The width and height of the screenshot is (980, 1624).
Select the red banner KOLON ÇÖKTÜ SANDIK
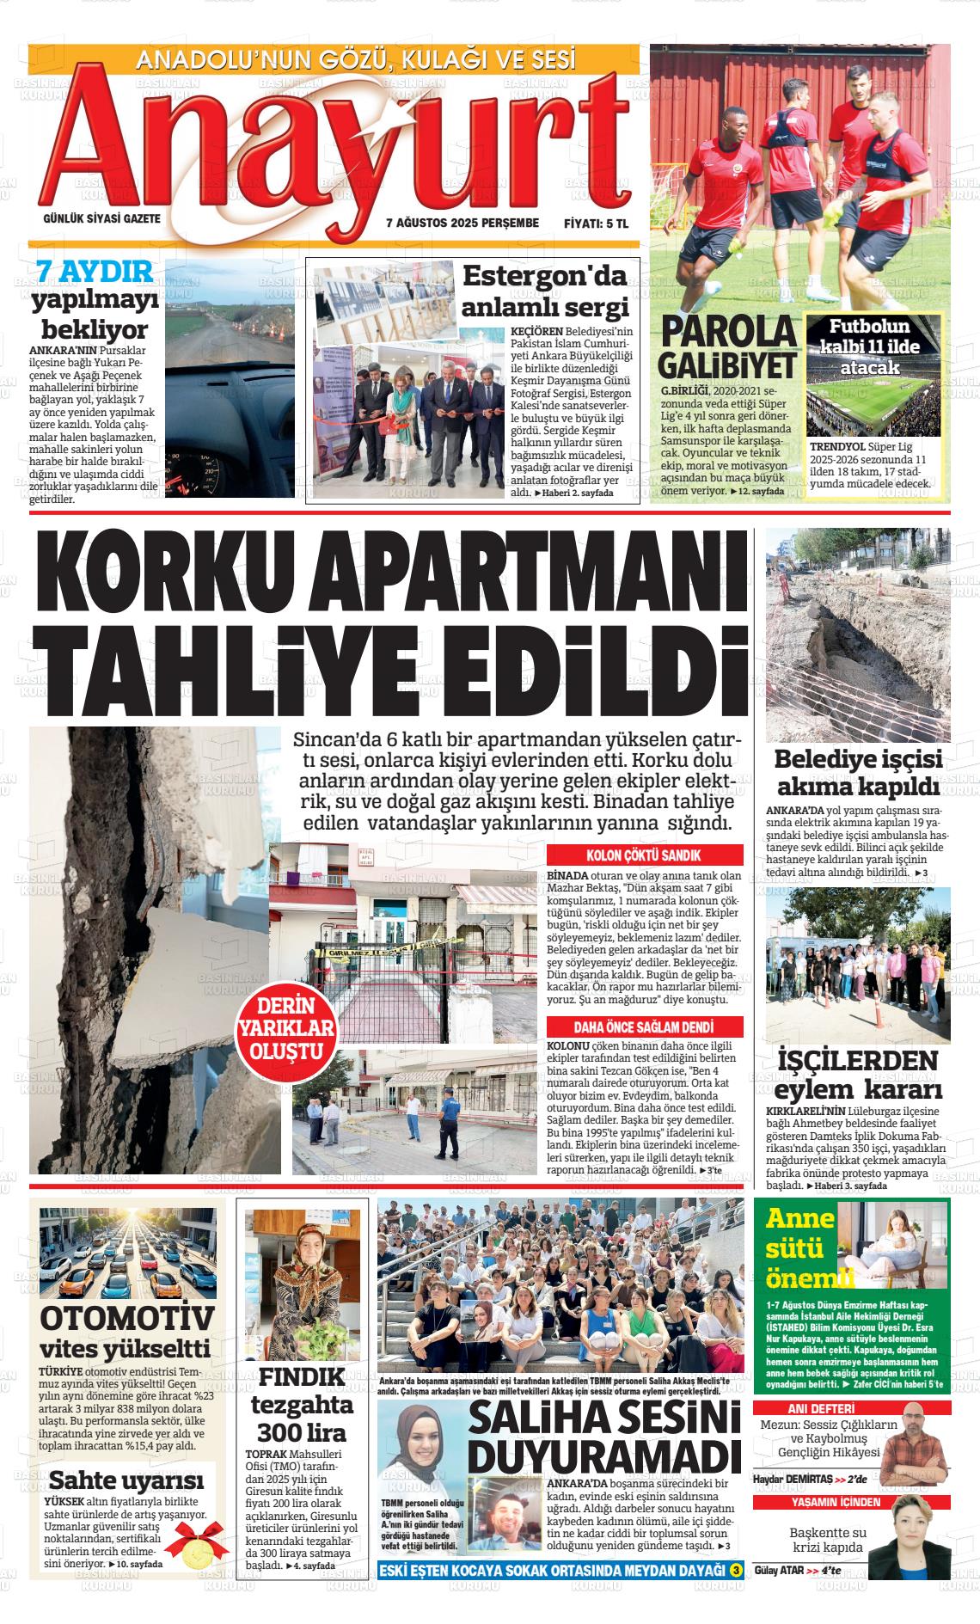tap(644, 855)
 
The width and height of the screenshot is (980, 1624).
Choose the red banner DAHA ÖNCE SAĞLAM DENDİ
tap(644, 1027)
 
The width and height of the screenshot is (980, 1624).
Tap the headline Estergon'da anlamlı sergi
tap(545, 291)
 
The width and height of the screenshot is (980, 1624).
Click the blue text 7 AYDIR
tap(95, 273)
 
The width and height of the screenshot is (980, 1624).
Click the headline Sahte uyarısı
tap(126, 1480)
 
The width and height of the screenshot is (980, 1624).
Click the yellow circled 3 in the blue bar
tap(735, 1571)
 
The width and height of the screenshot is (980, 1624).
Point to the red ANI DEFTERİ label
tap(821, 1409)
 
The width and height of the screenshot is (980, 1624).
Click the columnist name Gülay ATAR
tap(779, 1570)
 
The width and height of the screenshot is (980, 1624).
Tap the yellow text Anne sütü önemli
tap(799, 1247)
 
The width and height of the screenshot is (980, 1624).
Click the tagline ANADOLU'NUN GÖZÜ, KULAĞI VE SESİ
tap(356, 59)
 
